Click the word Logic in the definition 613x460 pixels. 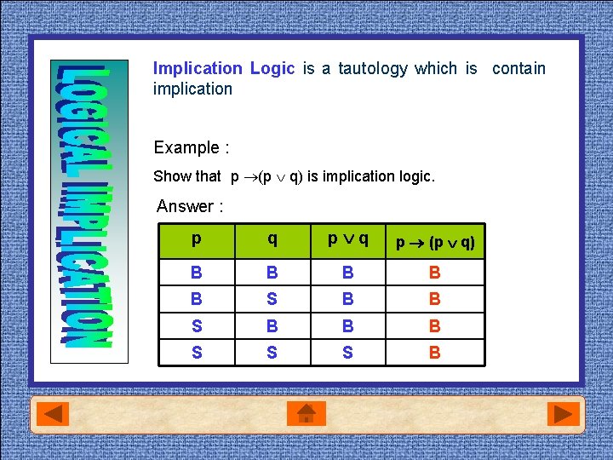[x=272, y=68]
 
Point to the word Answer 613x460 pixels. [x=186, y=206]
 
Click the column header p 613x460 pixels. [x=197, y=239]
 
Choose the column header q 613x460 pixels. [x=272, y=239]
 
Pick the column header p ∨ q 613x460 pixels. [x=348, y=239]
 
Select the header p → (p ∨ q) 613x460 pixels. [x=435, y=243]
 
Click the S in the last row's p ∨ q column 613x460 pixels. [x=347, y=352]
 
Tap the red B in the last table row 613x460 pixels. [x=434, y=352]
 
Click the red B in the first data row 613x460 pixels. [x=434, y=273]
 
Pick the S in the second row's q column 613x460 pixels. [x=272, y=299]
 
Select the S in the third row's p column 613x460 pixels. [x=197, y=325]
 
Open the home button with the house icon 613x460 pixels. [x=306, y=415]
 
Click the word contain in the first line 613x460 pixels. [x=518, y=68]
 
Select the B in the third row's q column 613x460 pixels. [x=272, y=325]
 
